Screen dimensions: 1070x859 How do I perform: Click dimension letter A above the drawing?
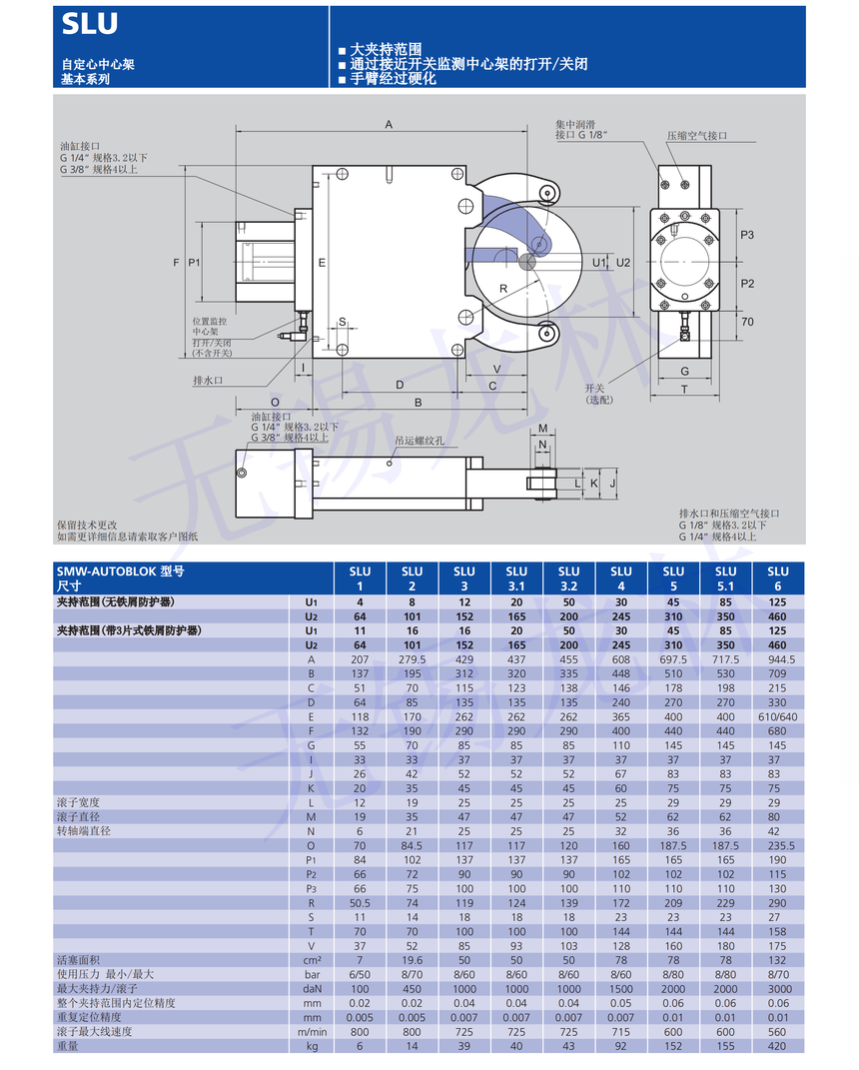tap(389, 124)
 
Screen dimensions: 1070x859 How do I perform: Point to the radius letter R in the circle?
tap(503, 288)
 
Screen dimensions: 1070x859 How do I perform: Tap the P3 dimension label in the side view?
tap(747, 235)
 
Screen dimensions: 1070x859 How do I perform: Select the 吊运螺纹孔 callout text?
tap(420, 440)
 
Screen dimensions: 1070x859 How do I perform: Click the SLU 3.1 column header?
tap(516, 578)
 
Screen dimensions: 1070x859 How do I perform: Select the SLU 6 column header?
tap(777, 578)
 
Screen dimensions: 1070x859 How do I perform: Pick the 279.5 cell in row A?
tap(412, 659)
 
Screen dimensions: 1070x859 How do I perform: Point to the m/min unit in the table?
tap(311, 1031)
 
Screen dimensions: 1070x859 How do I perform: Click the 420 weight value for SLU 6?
tap(777, 1045)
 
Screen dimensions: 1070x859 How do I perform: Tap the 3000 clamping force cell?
tap(777, 988)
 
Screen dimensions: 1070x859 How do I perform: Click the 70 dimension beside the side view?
tap(747, 322)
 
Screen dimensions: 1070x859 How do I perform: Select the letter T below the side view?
tap(684, 389)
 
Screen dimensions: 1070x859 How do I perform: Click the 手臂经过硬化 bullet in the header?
tap(393, 78)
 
